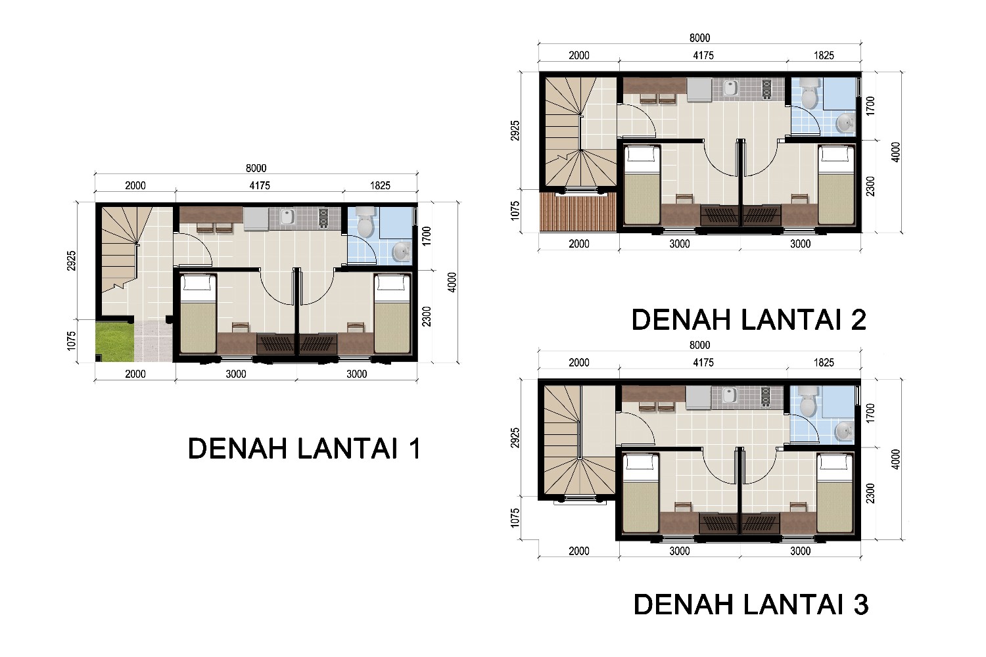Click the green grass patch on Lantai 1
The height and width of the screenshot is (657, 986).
point(115,342)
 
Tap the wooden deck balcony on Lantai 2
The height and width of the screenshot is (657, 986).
point(578,212)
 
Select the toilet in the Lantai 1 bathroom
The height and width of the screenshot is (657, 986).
point(365,222)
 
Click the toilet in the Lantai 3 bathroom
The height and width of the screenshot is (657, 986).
point(808,401)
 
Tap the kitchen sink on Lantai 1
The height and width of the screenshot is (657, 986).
point(289,217)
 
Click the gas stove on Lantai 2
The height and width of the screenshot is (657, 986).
point(766,88)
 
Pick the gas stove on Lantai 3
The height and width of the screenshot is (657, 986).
point(766,396)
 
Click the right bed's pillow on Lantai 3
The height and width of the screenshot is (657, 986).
point(835,463)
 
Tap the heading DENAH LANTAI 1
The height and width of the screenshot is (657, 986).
point(304,449)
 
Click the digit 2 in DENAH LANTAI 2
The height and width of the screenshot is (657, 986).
point(858,319)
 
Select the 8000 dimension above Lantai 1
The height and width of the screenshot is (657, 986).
point(256,168)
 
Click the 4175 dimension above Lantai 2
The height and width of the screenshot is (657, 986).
point(703,55)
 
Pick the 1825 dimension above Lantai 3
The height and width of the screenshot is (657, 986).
point(824,363)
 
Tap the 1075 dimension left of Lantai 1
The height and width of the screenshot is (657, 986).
point(72,341)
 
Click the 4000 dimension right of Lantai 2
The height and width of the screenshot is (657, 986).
point(895,152)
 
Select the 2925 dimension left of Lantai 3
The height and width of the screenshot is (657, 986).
point(515,438)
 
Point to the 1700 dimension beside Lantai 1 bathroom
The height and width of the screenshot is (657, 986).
point(426,236)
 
